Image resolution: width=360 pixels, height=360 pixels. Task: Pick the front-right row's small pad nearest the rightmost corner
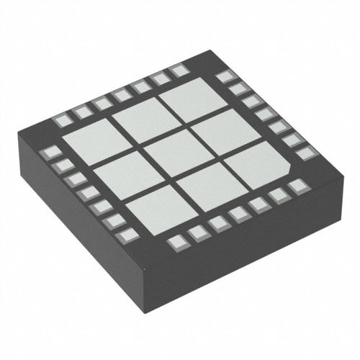click(296, 186)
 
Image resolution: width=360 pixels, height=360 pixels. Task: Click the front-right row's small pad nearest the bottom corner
click(176, 243)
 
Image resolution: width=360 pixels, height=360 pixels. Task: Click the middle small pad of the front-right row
click(238, 214)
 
